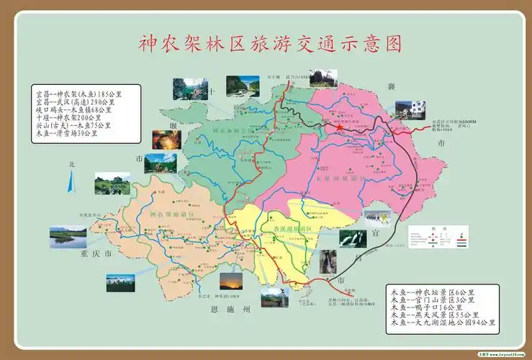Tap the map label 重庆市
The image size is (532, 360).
click(x=94, y=254)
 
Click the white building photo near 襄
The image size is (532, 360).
click(x=408, y=109)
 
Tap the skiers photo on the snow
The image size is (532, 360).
click(x=377, y=216)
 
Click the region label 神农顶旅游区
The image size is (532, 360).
click(x=167, y=214)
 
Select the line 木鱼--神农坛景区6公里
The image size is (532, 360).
click(x=430, y=291)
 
